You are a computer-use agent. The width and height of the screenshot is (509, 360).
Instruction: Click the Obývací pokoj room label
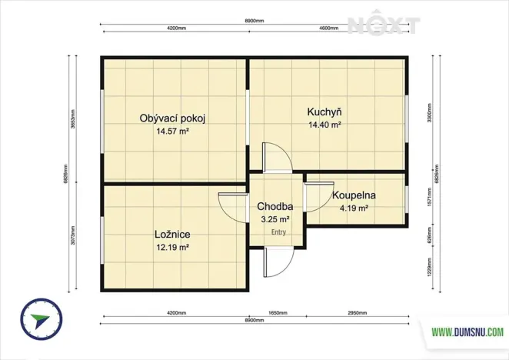pos(172,118)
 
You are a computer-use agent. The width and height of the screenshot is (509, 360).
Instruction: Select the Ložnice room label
pos(172,234)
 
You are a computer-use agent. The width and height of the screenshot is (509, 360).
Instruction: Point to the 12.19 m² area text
pos(172,247)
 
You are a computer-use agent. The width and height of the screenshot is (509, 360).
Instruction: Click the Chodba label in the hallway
pos(274,206)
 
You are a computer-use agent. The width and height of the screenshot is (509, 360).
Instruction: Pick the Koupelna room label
pos(354,195)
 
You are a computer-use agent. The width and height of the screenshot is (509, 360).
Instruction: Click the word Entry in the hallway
pos(278,232)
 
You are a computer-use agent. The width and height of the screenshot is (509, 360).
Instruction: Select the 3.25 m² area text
pos(275,218)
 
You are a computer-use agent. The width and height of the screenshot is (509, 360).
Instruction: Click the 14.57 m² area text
pos(172,132)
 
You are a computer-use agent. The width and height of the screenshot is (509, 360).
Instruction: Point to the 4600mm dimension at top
pos(329,28)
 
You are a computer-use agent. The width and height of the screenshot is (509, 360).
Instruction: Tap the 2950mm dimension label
pos(357,313)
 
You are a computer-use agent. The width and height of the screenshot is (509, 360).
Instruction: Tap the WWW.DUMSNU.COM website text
pos(467,332)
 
